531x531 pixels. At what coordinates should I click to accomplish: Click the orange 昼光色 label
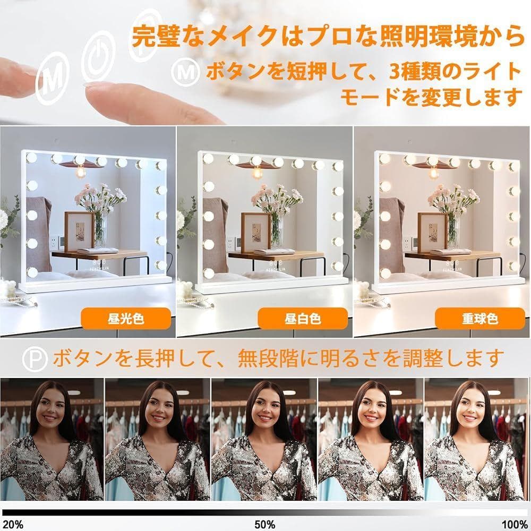click(x=126, y=319)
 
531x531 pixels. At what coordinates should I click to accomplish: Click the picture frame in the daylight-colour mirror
click(x=80, y=229)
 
